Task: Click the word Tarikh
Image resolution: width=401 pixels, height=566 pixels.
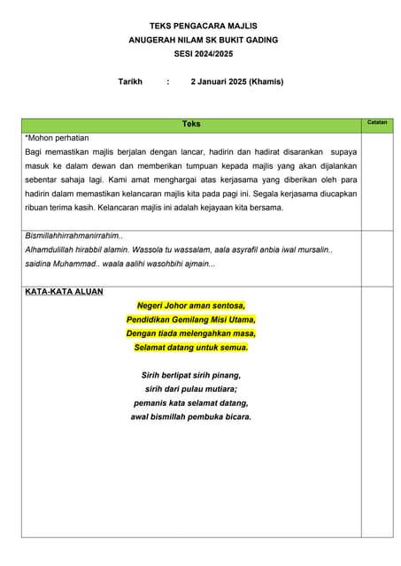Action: (130, 81)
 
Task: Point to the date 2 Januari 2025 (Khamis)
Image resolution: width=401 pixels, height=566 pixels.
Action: (237, 81)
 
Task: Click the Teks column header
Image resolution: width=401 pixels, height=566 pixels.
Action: (191, 124)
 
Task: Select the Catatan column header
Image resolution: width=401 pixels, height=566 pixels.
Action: (377, 122)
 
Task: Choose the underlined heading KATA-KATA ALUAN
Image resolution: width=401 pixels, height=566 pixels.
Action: (64, 291)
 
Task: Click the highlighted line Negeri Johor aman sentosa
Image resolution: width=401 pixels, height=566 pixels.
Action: (191, 306)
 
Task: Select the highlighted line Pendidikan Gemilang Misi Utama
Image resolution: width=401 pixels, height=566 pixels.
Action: (191, 319)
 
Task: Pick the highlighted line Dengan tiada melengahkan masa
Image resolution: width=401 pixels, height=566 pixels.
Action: (191, 333)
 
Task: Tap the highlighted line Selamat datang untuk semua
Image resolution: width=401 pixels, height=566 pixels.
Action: (191, 348)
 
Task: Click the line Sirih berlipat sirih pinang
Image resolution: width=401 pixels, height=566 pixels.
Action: (191, 375)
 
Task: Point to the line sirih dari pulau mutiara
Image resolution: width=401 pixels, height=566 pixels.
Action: (191, 388)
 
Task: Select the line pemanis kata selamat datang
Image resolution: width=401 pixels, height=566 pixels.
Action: (191, 402)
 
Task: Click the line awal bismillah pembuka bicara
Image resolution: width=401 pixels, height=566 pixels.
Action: (191, 417)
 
